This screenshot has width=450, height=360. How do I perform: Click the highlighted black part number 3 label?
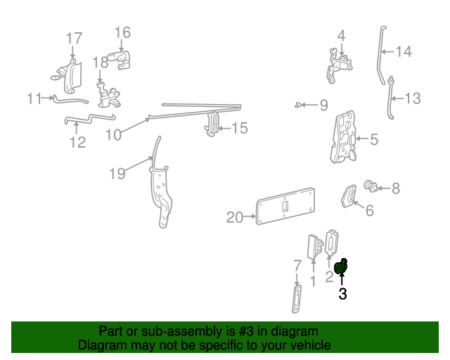[x=342, y=295]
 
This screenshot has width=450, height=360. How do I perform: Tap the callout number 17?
[x=74, y=39]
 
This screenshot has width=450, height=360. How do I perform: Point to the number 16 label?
[x=122, y=32]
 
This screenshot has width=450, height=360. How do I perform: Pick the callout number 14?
[x=403, y=51]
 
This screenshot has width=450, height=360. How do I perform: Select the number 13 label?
[x=412, y=98]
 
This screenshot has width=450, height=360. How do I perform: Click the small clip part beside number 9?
[x=300, y=105]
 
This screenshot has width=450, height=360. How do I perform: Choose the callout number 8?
[x=395, y=188]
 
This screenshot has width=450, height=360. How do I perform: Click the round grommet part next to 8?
[x=369, y=186]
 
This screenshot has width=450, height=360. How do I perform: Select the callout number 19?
[x=117, y=174]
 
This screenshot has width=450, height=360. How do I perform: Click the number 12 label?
[x=77, y=143]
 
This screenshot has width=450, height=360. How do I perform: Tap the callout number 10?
[x=114, y=134]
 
